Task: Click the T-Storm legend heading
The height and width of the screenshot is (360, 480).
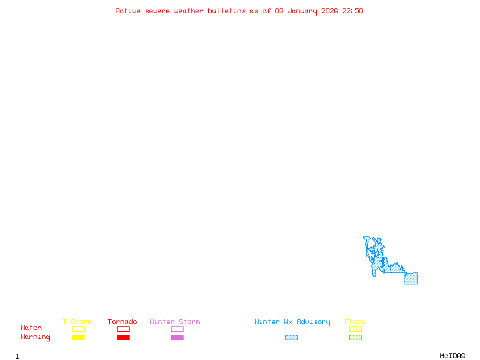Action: pyautogui.click(x=77, y=322)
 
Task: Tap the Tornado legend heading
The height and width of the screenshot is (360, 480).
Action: pyautogui.click(x=122, y=322)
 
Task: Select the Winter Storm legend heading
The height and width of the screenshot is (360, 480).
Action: pyautogui.click(x=175, y=322)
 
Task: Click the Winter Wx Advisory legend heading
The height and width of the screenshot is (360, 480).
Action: pyautogui.click(x=292, y=322)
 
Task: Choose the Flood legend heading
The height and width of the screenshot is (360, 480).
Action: pyautogui.click(x=355, y=322)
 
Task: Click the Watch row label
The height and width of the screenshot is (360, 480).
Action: pyautogui.click(x=31, y=328)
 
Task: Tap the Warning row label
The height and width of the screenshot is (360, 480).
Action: pyautogui.click(x=35, y=337)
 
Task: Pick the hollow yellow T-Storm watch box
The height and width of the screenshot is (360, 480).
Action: pyautogui.click(x=78, y=329)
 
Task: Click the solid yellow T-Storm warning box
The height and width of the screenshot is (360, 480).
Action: pyautogui.click(x=78, y=338)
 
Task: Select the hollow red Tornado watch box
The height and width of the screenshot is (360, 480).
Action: pyautogui.click(x=123, y=329)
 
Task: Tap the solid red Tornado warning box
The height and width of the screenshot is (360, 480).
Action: pyautogui.click(x=123, y=338)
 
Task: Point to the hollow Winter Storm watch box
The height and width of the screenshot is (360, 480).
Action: pyautogui.click(x=177, y=329)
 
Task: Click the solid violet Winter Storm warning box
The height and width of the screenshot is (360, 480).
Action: pyautogui.click(x=177, y=338)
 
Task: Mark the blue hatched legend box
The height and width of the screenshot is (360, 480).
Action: pyautogui.click(x=291, y=338)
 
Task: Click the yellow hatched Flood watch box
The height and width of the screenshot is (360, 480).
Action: pyautogui.click(x=355, y=329)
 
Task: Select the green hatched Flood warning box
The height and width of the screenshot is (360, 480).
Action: pyautogui.click(x=355, y=338)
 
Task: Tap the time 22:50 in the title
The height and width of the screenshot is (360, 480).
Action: pyautogui.click(x=353, y=11)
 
